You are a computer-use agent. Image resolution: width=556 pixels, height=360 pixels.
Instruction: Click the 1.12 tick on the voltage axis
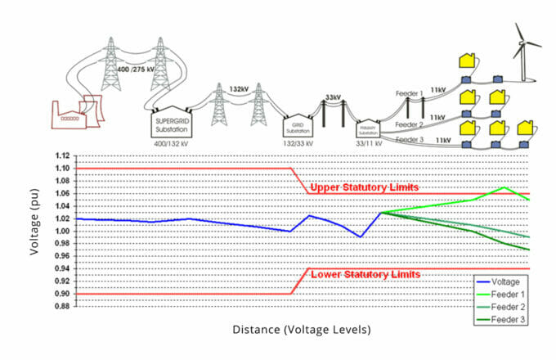(x=61, y=155)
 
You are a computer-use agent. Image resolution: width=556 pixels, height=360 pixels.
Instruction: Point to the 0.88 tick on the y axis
(x=61, y=306)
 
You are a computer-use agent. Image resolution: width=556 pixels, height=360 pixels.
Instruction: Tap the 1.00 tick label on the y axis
(x=61, y=231)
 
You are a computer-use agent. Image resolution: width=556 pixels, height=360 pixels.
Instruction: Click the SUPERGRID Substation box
(x=171, y=123)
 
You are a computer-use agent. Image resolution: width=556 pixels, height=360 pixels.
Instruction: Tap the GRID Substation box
(x=297, y=127)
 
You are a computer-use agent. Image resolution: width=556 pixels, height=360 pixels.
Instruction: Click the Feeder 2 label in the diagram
(x=410, y=124)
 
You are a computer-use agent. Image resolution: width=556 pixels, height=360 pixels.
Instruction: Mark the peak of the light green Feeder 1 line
(x=504, y=187)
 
